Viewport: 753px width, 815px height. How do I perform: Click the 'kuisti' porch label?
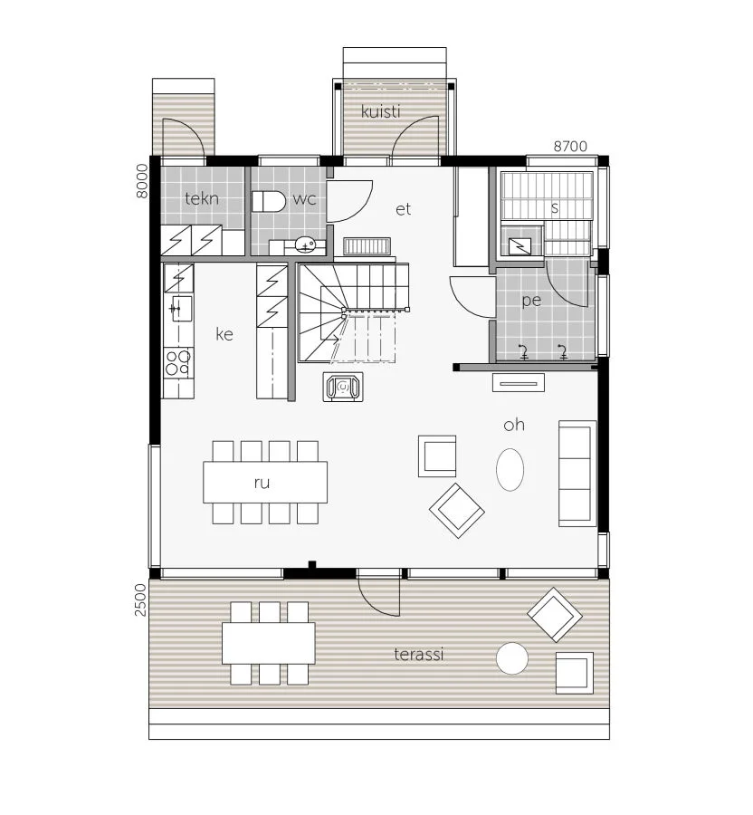tap(381, 111)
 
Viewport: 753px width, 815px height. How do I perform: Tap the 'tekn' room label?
tap(202, 198)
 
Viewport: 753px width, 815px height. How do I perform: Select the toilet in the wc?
tap(269, 201)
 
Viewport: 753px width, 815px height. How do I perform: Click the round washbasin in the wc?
tap(305, 244)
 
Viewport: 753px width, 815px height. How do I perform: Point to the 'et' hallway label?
tap(403, 209)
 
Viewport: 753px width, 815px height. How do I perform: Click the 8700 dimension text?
tap(569, 147)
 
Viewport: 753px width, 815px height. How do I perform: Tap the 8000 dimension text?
tap(141, 181)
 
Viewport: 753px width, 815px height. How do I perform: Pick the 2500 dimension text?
tap(140, 599)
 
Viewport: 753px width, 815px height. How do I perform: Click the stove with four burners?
tap(178, 362)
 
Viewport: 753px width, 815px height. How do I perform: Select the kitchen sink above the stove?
tap(179, 309)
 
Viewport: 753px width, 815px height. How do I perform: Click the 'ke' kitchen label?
tap(224, 334)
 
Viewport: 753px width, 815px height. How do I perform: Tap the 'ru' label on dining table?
tap(262, 483)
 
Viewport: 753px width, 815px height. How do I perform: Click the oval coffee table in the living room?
tap(510, 469)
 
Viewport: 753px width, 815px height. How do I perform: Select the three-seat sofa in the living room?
tap(577, 474)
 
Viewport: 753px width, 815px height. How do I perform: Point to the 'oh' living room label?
tap(514, 425)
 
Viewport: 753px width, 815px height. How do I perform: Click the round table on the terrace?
tap(512, 658)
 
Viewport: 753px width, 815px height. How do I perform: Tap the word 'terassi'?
tap(418, 654)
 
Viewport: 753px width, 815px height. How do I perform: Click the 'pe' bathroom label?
tap(531, 301)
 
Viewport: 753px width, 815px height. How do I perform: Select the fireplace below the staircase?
tap(343, 388)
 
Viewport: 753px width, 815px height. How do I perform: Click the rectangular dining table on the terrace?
tap(269, 643)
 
